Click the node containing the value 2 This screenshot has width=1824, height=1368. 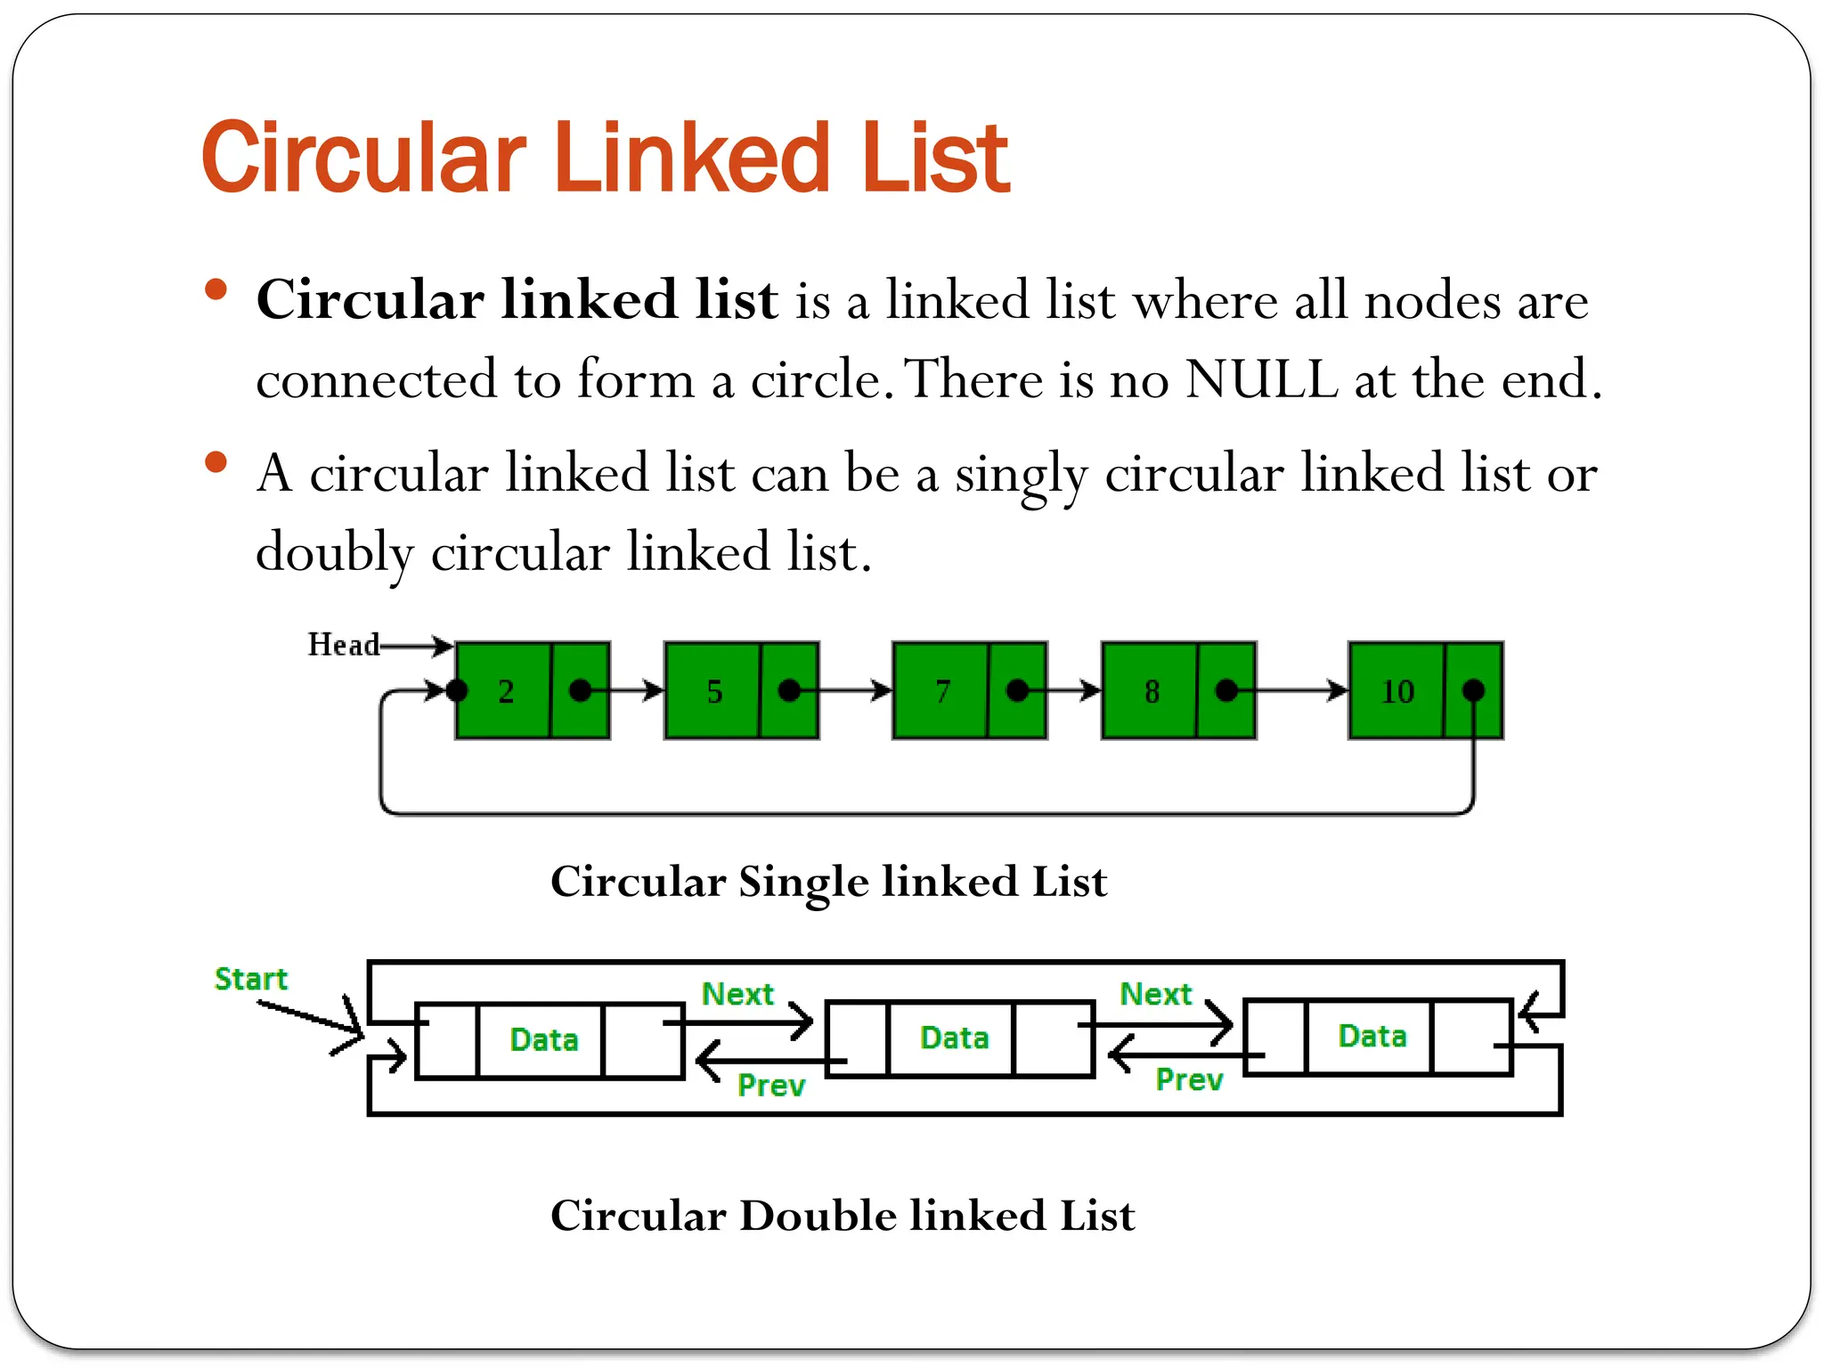[505, 691]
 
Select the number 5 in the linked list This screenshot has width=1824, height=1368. [714, 692]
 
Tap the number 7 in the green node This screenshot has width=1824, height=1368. [942, 692]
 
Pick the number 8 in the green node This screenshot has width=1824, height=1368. [1152, 692]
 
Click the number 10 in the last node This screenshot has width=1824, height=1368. [1396, 692]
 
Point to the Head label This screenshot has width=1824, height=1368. [343, 644]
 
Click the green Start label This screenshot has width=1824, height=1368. [251, 979]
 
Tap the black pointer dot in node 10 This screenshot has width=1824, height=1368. [1473, 690]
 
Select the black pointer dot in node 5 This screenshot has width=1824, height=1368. [789, 690]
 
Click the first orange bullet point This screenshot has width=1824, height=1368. [216, 290]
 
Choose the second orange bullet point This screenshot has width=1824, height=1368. [216, 462]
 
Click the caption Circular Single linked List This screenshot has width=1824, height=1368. [828, 882]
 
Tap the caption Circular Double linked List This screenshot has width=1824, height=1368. [843, 1216]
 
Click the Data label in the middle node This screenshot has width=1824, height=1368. [954, 1038]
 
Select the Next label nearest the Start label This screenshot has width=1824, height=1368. [737, 993]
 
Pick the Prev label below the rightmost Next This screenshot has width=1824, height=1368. [1189, 1079]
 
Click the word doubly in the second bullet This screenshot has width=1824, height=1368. [335, 552]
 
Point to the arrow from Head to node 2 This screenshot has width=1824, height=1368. [417, 645]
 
